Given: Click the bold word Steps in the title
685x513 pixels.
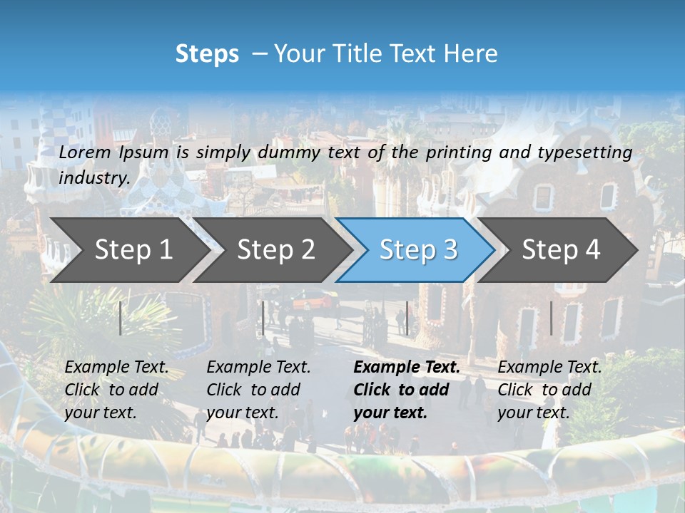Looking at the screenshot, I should pos(207,53).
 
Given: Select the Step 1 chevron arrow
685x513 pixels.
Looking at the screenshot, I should pos(128,250).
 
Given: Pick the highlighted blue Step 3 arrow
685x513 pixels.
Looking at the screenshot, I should pos(417,250).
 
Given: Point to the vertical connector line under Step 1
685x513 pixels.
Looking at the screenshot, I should pos(121,318).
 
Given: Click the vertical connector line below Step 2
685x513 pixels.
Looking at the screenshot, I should pos(263,318).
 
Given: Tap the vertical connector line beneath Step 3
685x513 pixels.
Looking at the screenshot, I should pos(407,318).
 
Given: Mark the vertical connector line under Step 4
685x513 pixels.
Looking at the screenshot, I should pos(551,318).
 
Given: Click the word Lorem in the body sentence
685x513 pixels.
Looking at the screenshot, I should pos(85,152).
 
